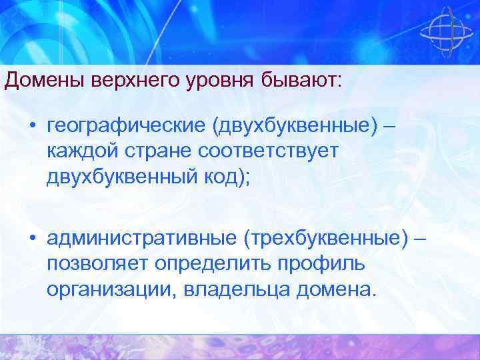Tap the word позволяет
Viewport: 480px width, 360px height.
click(98, 263)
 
